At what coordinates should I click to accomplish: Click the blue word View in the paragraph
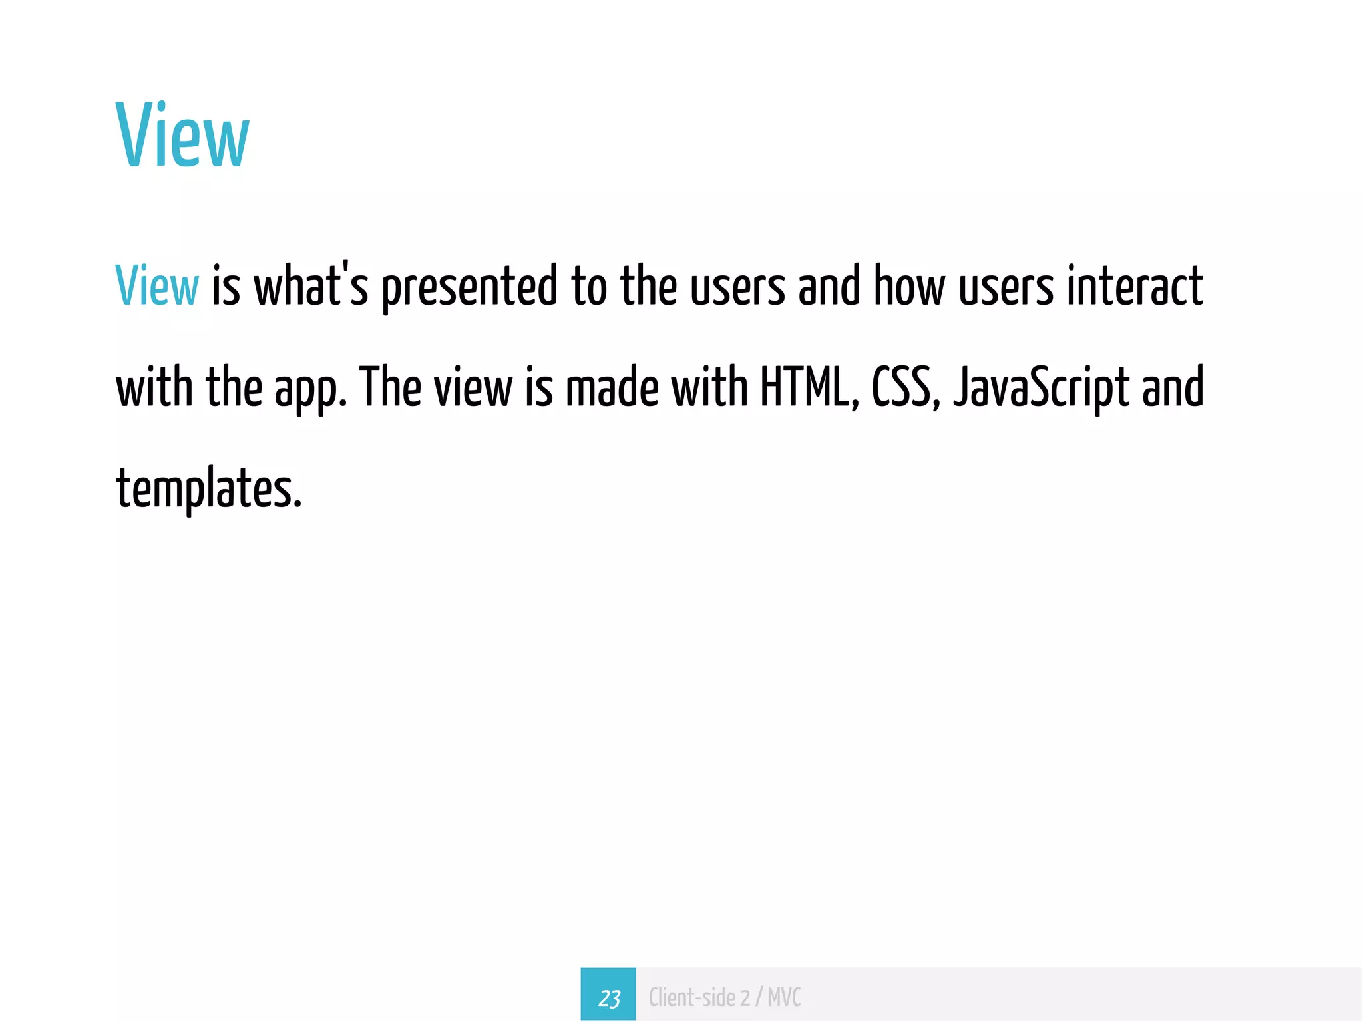[157, 286]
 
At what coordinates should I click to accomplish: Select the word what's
[311, 286]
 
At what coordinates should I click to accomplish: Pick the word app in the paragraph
[309, 389]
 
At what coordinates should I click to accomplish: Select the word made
[612, 387]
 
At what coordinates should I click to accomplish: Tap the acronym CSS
[903, 387]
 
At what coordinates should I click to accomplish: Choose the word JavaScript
[1041, 389]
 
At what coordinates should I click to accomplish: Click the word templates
[208, 488]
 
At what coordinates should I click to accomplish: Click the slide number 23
[608, 997]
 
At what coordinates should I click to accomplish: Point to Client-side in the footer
[691, 997]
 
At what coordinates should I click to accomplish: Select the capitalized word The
[390, 387]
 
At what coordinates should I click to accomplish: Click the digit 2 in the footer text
[745, 997]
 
